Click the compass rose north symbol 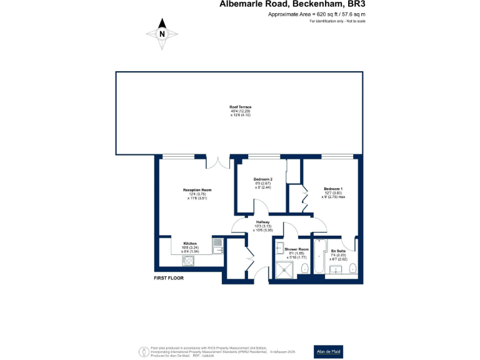(x=162, y=34)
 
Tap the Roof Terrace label (x=240, y=107)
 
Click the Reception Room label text (x=197, y=190)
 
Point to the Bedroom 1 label (x=333, y=189)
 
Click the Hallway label (x=262, y=222)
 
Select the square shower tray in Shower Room (x=285, y=269)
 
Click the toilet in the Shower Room (x=304, y=269)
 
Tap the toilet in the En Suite (x=354, y=269)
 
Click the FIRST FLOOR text (x=169, y=277)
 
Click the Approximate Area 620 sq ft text (x=316, y=13)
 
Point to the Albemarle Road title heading (x=292, y=4)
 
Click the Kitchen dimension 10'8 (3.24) (x=190, y=247)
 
